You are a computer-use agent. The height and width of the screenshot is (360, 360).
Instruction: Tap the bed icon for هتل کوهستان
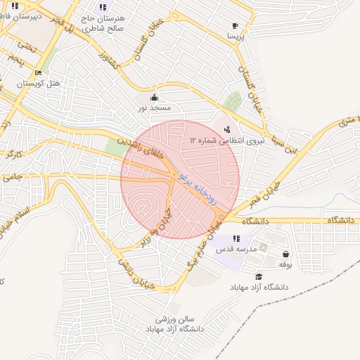(38, 72)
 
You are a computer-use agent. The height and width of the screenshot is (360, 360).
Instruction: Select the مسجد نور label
(154, 108)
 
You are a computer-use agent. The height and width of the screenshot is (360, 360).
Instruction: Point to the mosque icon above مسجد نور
(154, 97)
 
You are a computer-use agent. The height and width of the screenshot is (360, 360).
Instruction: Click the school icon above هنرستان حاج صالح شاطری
(103, 7)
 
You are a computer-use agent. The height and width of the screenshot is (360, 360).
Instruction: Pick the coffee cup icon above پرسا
(235, 27)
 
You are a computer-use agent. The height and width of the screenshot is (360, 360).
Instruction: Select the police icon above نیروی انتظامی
(226, 129)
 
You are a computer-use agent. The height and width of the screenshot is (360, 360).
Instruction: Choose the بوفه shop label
(285, 264)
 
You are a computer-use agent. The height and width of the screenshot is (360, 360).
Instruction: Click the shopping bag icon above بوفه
(285, 254)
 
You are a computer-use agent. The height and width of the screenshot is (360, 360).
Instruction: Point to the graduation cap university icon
(259, 277)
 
